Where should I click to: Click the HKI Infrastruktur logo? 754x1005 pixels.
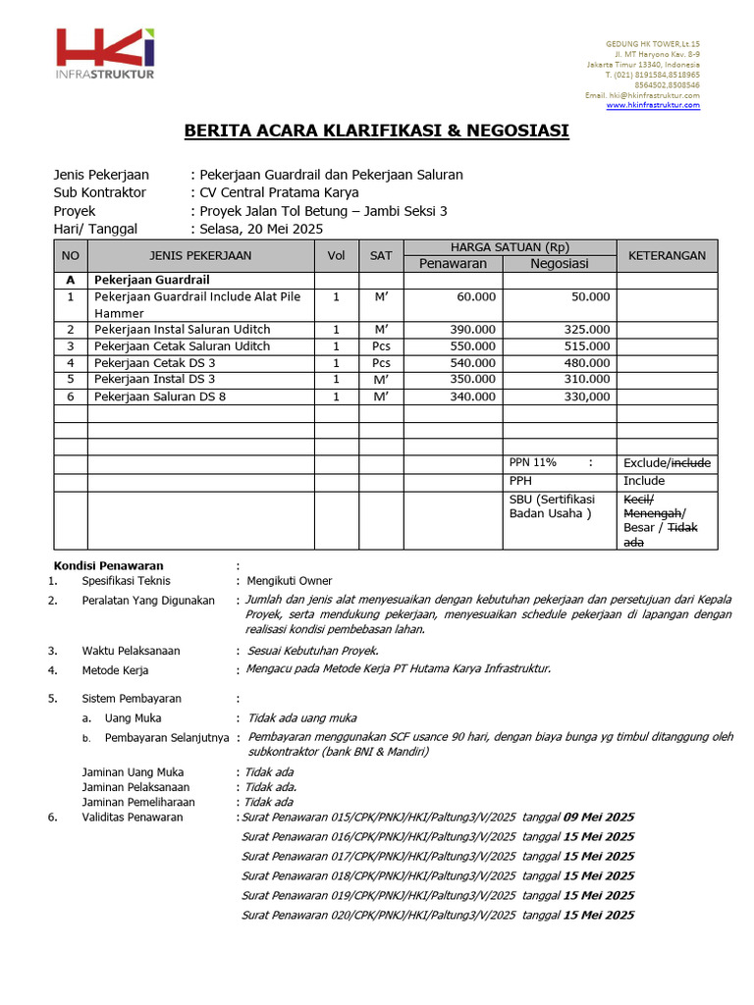[105, 54]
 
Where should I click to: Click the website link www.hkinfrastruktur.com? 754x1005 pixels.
[653, 105]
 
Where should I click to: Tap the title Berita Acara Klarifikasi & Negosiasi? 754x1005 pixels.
[377, 131]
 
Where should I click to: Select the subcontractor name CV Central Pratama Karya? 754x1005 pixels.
[279, 192]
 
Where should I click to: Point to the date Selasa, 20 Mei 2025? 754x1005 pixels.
[261, 229]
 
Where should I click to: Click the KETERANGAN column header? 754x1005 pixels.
[667, 255]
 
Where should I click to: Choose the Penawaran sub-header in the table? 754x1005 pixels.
[448, 263]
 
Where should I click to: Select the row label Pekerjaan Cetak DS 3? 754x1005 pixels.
[154, 363]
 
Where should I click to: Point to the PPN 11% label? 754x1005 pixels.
[533, 462]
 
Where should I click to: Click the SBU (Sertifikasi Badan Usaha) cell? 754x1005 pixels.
[551, 506]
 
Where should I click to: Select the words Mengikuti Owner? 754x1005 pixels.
[290, 581]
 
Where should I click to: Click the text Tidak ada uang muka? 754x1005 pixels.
[301, 718]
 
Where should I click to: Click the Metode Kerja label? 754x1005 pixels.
[115, 671]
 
